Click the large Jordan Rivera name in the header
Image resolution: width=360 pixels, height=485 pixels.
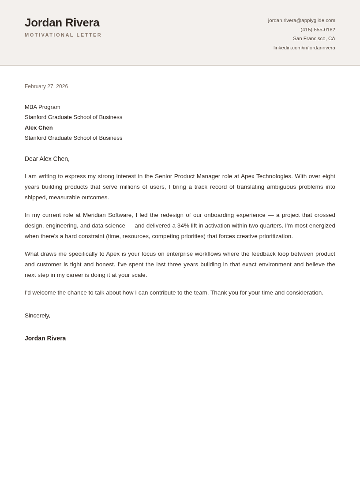(x=62, y=22)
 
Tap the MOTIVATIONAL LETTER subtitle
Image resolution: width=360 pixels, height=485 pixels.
(x=63, y=35)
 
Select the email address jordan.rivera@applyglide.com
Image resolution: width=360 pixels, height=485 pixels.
(x=301, y=20)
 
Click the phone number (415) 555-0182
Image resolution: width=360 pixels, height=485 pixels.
(x=318, y=30)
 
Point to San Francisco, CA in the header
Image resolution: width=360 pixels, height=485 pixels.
(x=314, y=38)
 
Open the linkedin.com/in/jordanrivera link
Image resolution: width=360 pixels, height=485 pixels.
(x=304, y=48)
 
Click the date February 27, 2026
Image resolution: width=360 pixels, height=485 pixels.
(x=46, y=86)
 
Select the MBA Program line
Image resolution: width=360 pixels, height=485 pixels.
(x=42, y=107)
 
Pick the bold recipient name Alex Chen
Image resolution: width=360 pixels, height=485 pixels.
(x=39, y=128)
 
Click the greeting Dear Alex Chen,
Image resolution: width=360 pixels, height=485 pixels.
(x=47, y=159)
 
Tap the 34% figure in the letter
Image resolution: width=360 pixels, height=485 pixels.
(x=183, y=226)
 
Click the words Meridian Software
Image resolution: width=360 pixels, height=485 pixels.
(x=108, y=215)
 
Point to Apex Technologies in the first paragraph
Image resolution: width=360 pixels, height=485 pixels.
(x=266, y=176)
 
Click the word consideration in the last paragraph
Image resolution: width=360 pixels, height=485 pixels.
(x=304, y=293)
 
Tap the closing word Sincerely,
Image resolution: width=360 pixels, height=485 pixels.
(x=37, y=316)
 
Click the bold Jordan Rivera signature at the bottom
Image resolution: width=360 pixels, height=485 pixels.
(x=45, y=338)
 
